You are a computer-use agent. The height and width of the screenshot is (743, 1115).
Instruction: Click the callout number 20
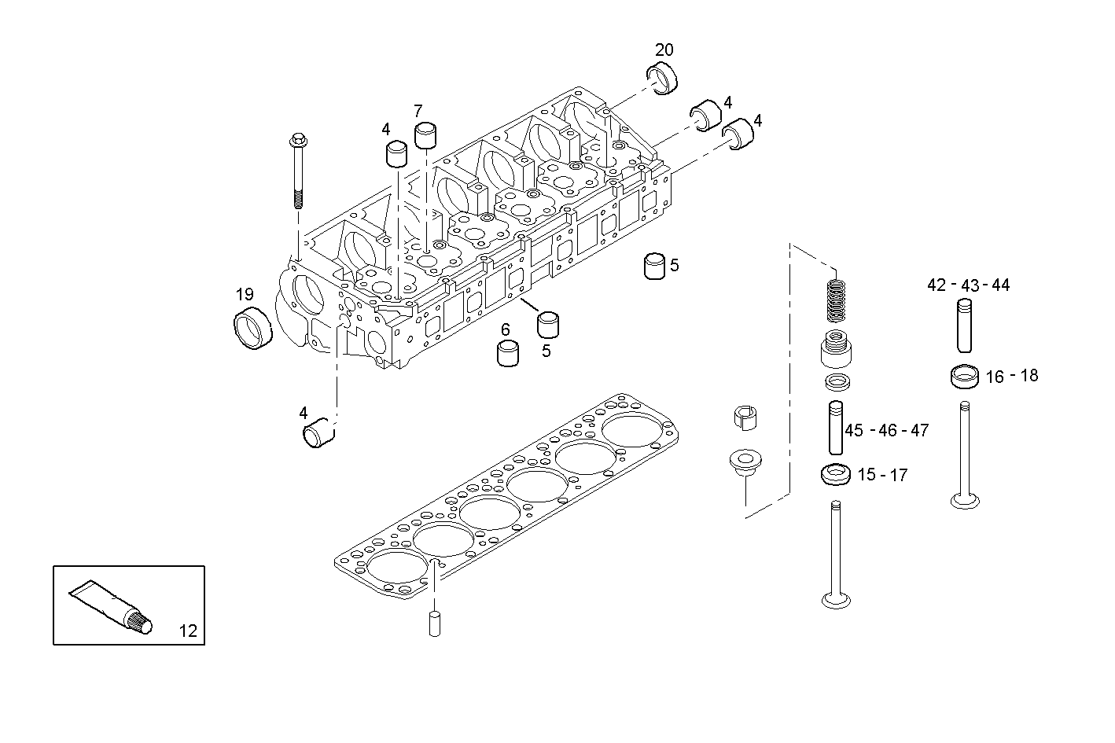click(x=664, y=50)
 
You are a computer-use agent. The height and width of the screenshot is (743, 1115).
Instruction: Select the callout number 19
click(x=245, y=295)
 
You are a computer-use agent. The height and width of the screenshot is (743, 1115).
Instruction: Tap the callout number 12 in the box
click(x=188, y=630)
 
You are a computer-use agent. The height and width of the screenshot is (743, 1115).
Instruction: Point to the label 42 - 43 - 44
click(x=968, y=285)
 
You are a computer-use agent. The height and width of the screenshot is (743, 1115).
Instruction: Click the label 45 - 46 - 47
click(x=886, y=430)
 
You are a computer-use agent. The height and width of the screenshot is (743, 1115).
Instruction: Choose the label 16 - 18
click(x=1011, y=376)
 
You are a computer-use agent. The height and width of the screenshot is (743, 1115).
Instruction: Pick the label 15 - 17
click(x=882, y=475)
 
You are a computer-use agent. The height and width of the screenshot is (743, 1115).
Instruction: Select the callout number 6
click(x=506, y=329)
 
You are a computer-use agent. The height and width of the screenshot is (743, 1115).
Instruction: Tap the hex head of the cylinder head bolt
click(x=299, y=142)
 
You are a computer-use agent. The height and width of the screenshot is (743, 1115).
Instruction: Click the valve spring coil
click(x=837, y=302)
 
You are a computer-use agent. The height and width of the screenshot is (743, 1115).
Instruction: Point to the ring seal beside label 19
click(x=253, y=330)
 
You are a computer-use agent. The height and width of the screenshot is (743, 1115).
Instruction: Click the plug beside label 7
click(x=426, y=135)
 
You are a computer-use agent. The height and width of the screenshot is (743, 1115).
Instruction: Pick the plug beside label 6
click(x=508, y=354)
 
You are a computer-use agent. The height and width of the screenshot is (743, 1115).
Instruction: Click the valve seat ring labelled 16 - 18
click(x=964, y=377)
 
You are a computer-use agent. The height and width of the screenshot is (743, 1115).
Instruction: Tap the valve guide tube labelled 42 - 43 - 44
click(x=966, y=325)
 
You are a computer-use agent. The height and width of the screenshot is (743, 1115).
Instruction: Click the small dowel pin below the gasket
click(x=434, y=623)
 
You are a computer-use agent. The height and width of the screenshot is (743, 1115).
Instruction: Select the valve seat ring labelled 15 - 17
click(x=835, y=475)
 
